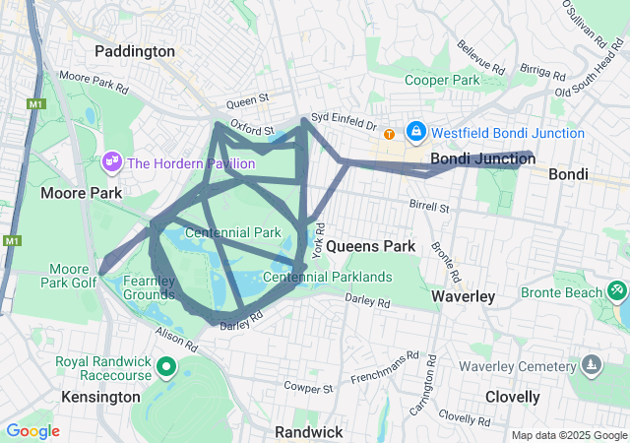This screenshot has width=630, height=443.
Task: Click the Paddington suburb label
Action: [x=135, y=51]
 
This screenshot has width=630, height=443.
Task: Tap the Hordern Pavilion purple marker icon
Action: [x=111, y=159]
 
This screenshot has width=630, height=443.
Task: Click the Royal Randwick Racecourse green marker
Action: [x=166, y=370]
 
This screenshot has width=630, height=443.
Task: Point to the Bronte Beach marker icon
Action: [x=616, y=291]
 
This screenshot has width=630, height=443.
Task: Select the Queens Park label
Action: [x=371, y=245]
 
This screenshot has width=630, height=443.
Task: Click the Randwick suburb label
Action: [x=308, y=432]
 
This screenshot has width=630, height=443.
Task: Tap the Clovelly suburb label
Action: [x=512, y=397]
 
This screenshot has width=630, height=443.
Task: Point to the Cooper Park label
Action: [x=443, y=80]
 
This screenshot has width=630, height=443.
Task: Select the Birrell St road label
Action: [x=429, y=208]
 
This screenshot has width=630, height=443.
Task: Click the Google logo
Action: [x=32, y=431]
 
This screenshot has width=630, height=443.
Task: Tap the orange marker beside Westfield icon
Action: [x=390, y=133]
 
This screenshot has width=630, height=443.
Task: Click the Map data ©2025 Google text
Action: [x=568, y=434]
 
